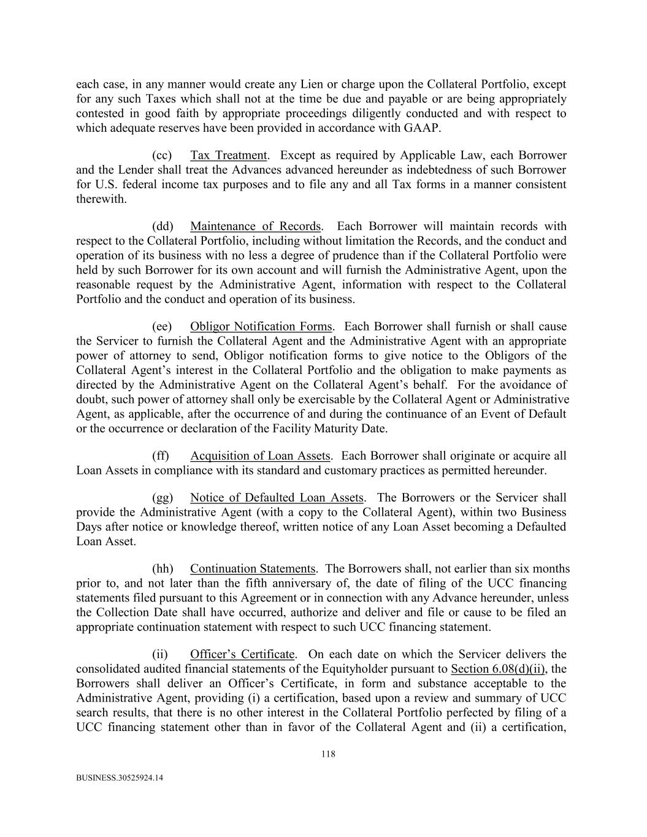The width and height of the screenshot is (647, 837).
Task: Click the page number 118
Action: pyautogui.click(x=328, y=755)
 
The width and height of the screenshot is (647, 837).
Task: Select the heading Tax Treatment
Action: pyautogui.click(x=228, y=155)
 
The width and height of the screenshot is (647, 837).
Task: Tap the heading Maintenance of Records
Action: pyautogui.click(x=255, y=226)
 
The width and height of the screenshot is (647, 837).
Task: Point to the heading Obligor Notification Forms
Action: pyautogui.click(x=261, y=326)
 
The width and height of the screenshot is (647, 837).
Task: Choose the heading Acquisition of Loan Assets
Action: pyautogui.click(x=260, y=456)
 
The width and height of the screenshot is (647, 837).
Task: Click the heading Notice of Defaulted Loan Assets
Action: pyautogui.click(x=277, y=497)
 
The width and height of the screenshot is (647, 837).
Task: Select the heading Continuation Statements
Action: pyautogui.click(x=253, y=568)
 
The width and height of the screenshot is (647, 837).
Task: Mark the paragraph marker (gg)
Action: pyautogui.click(x=163, y=497)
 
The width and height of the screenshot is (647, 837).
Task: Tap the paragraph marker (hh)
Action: pyautogui.click(x=163, y=568)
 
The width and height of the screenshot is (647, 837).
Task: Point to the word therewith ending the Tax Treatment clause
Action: pyautogui.click(x=101, y=199)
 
